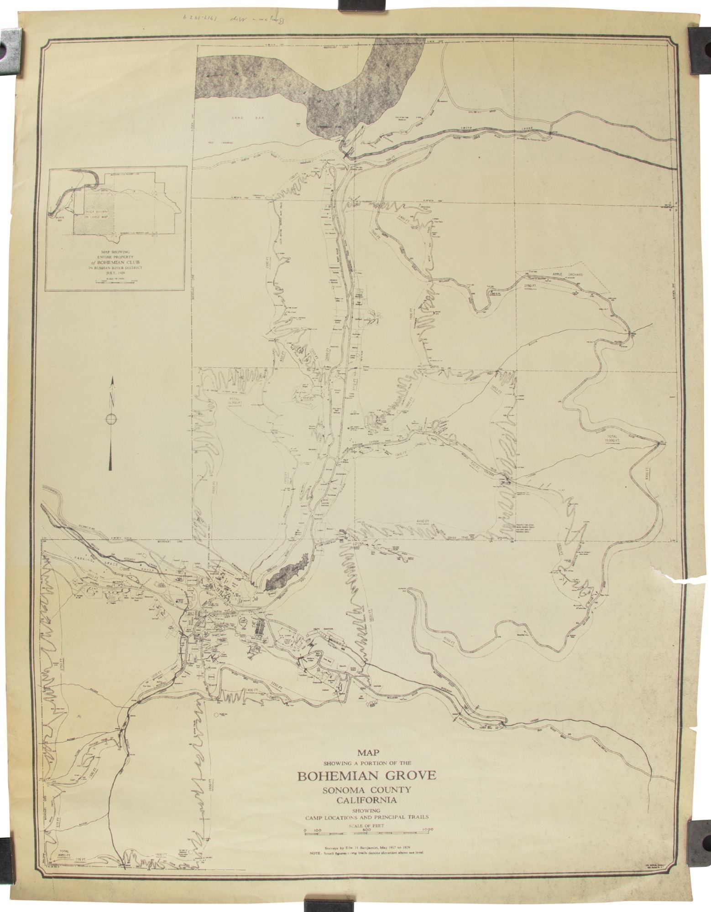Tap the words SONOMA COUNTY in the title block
[367, 790]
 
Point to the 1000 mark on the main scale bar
[428, 829]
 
